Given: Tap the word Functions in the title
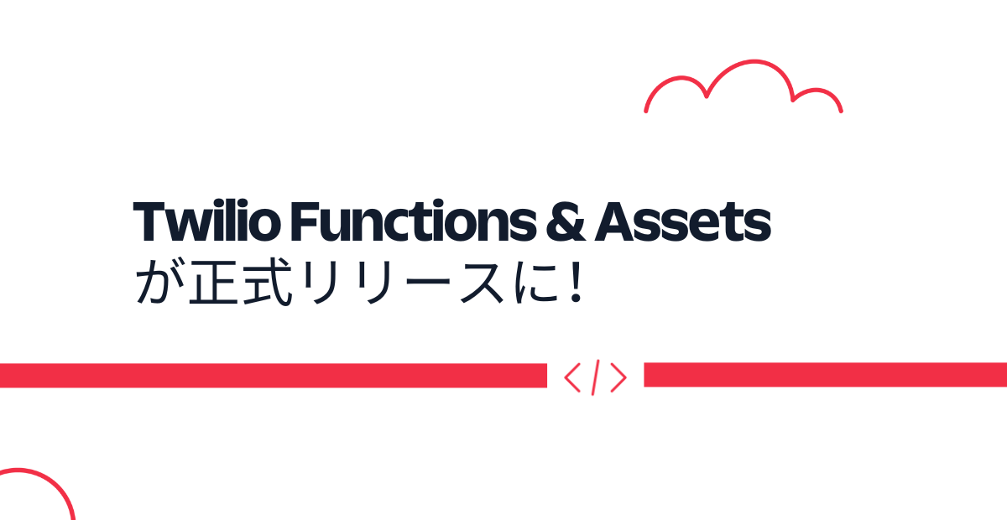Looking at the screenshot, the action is pyautogui.click(x=414, y=221).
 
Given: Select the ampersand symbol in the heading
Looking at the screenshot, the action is pyautogui.click(x=566, y=221).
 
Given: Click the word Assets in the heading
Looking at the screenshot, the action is pyautogui.click(x=682, y=221).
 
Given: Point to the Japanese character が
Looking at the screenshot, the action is pyautogui.click(x=160, y=282).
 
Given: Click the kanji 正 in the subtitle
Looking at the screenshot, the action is pyautogui.click(x=213, y=283).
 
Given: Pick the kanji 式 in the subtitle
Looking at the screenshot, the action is pyautogui.click(x=269, y=283).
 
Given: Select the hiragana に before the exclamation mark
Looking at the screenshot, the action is pyautogui.click(x=536, y=283).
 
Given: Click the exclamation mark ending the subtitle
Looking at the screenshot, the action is pyautogui.click(x=576, y=282).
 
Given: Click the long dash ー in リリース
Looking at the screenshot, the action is pyautogui.click(x=427, y=281).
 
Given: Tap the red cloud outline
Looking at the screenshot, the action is pyautogui.click(x=754, y=61).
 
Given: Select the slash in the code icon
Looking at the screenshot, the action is pyautogui.click(x=595, y=377).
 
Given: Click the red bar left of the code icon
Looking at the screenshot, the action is pyautogui.click(x=274, y=375).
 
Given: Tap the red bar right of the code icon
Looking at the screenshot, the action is pyautogui.click(x=826, y=375).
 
